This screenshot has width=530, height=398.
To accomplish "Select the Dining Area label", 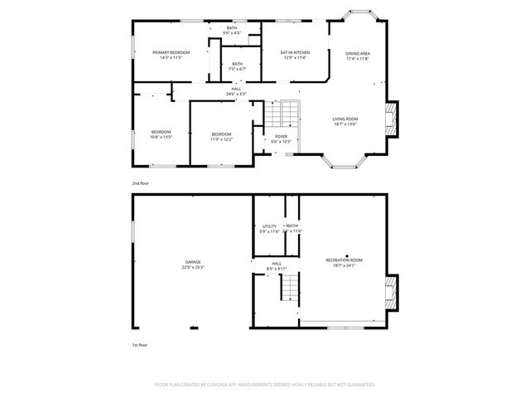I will (x=358, y=56).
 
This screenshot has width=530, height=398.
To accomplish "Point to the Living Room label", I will (x=344, y=122).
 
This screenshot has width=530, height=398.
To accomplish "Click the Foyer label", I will (x=282, y=138).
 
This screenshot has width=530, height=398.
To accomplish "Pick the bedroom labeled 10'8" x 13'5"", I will (x=161, y=134).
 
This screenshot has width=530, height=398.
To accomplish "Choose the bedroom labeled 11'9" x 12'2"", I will (x=221, y=137).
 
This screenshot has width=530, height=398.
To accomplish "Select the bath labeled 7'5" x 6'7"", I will (x=238, y=66).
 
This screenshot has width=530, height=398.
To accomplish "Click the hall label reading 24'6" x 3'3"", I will (x=237, y=92).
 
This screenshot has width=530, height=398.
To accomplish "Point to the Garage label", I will (x=193, y=264).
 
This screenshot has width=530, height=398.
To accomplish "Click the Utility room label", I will (x=269, y=228).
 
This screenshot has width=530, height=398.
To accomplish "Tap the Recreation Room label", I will (x=344, y=263).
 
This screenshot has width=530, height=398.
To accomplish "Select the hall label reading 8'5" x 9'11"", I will (x=276, y=266).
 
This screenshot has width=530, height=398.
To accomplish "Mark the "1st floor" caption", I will (x=140, y=343).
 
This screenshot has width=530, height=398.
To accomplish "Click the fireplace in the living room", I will (x=393, y=119).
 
